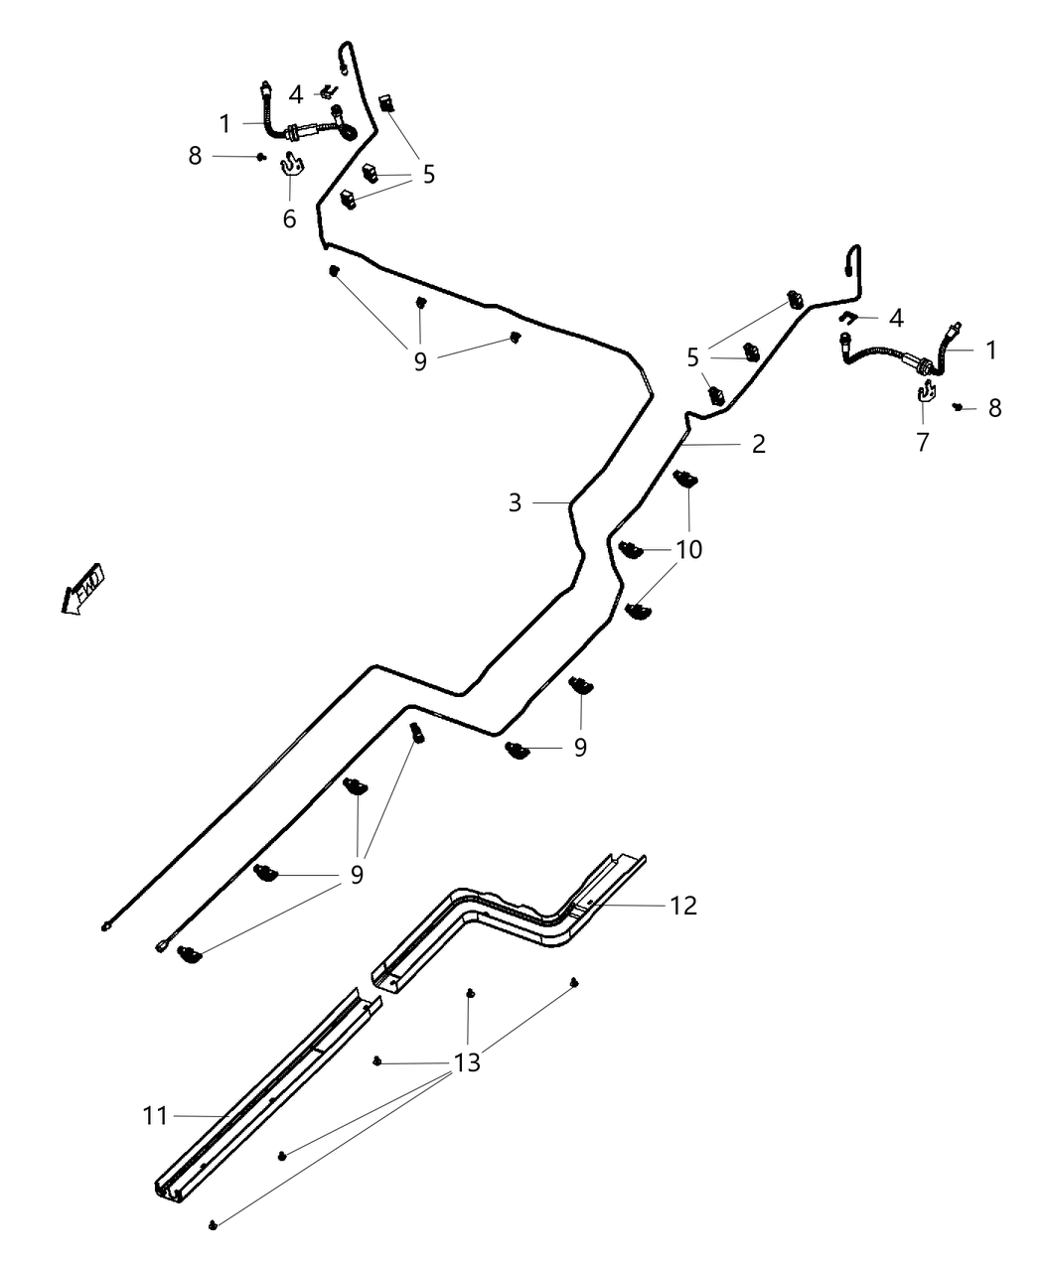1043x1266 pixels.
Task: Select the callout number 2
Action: (x=758, y=444)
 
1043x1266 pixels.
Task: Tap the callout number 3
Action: (x=515, y=503)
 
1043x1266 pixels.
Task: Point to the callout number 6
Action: (x=289, y=218)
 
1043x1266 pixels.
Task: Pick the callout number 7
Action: (x=922, y=442)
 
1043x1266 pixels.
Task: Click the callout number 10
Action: (x=688, y=548)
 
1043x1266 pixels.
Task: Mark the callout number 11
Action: (x=155, y=1116)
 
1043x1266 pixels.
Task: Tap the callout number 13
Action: (x=467, y=1062)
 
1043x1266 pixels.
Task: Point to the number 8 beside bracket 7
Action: (x=994, y=408)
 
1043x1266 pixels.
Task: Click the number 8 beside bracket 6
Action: (x=195, y=156)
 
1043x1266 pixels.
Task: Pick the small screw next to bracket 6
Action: (x=260, y=156)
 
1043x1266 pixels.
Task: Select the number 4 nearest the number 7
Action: (x=896, y=319)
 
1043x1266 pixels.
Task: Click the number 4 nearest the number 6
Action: (x=296, y=95)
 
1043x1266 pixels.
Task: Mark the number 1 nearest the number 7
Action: (x=990, y=351)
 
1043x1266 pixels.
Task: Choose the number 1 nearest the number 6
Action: (x=224, y=124)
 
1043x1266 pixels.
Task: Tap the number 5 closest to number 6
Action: (x=428, y=175)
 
